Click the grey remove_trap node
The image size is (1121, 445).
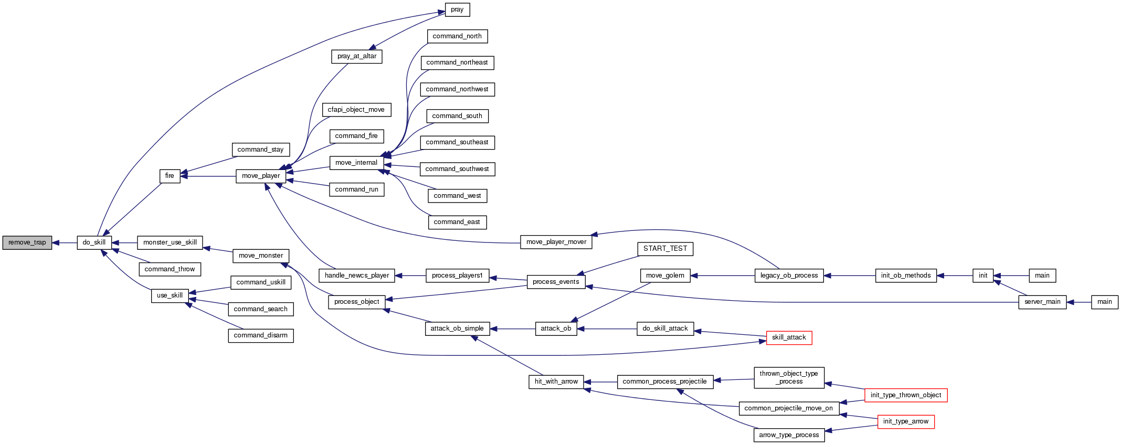coord(27,242)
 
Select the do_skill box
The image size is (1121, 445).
coord(94,242)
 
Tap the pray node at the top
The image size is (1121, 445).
coord(457,9)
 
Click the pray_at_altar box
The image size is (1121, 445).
coord(357,56)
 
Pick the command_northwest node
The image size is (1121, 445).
coord(457,89)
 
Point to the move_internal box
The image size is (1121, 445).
coord(356,163)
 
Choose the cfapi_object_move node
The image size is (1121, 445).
coord(356,110)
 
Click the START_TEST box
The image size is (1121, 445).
coord(665,249)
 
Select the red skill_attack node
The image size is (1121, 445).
coord(789,337)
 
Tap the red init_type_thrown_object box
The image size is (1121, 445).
coord(906,395)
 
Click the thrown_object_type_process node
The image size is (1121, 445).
coord(789,377)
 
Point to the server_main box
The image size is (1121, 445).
coord(1042,302)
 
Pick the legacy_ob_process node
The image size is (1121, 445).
coord(789,276)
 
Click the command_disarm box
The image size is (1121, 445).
coord(261,335)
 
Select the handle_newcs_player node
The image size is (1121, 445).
coord(357,276)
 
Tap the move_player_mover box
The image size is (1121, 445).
coord(556,242)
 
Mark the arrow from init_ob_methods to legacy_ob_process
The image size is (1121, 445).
coord(850,276)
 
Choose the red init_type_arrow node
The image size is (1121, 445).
coord(906,421)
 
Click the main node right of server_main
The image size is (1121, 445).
coord(1105,302)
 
